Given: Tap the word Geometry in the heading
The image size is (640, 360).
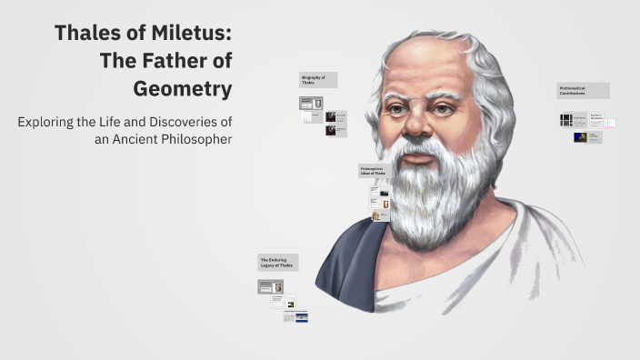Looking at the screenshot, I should tap(182, 89).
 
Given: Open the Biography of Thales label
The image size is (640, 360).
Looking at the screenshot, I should tap(318, 80).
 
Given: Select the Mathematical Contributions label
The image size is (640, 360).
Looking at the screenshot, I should tap(583, 91).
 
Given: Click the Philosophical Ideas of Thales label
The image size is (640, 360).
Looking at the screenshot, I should tap(375, 171).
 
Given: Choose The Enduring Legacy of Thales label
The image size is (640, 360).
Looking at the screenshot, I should tap(277, 262).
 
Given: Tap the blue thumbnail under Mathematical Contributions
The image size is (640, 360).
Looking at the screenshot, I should tap(582, 138).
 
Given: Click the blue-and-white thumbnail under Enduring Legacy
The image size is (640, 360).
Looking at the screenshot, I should tap(301, 316).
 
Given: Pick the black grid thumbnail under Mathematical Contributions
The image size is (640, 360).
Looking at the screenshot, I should tap(566, 120).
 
